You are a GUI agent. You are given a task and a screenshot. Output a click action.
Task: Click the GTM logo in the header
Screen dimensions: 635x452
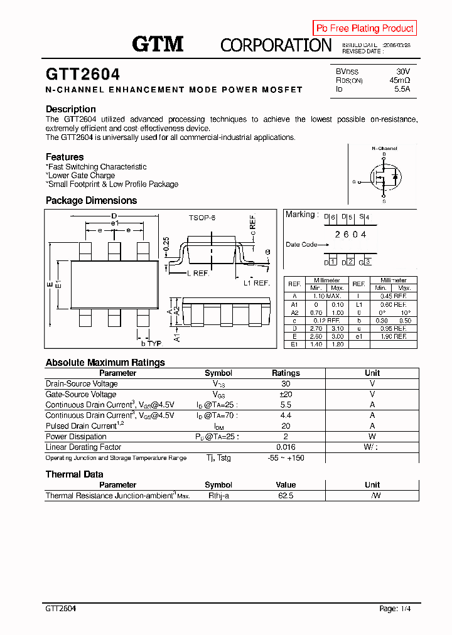pyautogui.click(x=158, y=43)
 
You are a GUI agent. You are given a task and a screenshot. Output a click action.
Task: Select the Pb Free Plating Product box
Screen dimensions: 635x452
pyautogui.click(x=365, y=28)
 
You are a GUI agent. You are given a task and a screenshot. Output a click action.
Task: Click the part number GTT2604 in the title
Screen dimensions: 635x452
pyautogui.click(x=83, y=75)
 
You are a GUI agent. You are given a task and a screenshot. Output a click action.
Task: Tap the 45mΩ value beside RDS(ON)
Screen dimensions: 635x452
pyautogui.click(x=399, y=80)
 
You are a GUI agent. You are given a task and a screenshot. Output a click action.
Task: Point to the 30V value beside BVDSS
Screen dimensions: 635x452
pyautogui.click(x=402, y=72)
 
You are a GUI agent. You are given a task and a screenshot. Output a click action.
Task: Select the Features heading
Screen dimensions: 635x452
pyautogui.click(x=65, y=157)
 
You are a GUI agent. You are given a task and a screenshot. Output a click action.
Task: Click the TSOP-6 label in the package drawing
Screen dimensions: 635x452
pyautogui.click(x=202, y=217)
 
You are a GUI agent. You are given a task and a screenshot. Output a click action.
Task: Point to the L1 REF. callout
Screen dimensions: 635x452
pyautogui.click(x=256, y=283)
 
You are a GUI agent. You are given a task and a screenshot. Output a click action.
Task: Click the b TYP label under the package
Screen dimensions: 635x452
pyautogui.click(x=151, y=344)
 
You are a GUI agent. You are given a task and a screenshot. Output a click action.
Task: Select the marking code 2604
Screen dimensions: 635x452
pyautogui.click(x=350, y=234)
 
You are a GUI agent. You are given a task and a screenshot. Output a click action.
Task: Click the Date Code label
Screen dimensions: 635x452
pyautogui.click(x=301, y=244)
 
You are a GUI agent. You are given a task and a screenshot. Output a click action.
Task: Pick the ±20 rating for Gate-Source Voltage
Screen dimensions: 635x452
pyautogui.click(x=286, y=394)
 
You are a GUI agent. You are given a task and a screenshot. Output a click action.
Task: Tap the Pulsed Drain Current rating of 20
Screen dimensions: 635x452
pyautogui.click(x=286, y=425)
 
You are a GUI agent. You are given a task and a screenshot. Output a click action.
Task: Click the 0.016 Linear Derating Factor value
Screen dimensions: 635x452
pyautogui.click(x=286, y=447)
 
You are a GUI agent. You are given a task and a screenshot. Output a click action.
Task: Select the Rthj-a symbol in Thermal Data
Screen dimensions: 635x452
pyautogui.click(x=218, y=496)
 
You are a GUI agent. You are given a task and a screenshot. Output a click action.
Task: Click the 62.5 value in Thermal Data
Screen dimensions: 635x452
pyautogui.click(x=286, y=496)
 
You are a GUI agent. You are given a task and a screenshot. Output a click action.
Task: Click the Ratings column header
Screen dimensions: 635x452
pyautogui.click(x=286, y=373)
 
